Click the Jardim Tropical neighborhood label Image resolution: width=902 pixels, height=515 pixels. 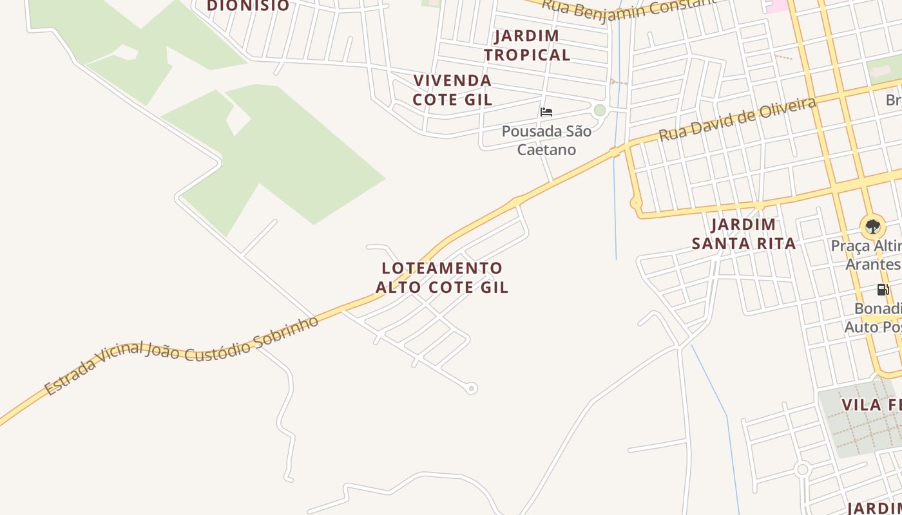tap(527, 45)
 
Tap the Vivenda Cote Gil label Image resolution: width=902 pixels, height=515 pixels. tap(452, 90)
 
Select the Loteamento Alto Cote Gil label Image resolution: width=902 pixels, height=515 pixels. tap(442, 277)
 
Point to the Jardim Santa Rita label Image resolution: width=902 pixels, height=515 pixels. tap(744, 234)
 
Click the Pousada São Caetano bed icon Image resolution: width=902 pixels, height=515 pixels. tap(546, 112)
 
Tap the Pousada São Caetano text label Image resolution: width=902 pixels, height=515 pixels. tap(546, 140)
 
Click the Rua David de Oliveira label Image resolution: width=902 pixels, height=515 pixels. tap(738, 119)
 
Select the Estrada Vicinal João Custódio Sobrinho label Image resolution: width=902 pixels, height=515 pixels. tap(182, 355)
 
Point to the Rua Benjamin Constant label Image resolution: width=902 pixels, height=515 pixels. tap(628, 8)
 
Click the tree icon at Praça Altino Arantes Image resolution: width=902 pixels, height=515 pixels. tap(872, 227)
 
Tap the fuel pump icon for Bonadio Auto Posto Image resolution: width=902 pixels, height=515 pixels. tap(883, 289)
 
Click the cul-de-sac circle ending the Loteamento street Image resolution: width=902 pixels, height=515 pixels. tap(472, 388)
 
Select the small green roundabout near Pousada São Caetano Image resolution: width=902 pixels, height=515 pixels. tap(600, 110)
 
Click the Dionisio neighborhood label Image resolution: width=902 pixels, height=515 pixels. tap(248, 6)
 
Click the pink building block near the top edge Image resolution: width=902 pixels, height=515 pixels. tap(776, 5)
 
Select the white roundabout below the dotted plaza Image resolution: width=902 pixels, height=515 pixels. tap(802, 469)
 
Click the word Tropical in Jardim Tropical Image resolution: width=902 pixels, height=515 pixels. tap(527, 55)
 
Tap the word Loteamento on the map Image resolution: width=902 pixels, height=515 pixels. tap(442, 268)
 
